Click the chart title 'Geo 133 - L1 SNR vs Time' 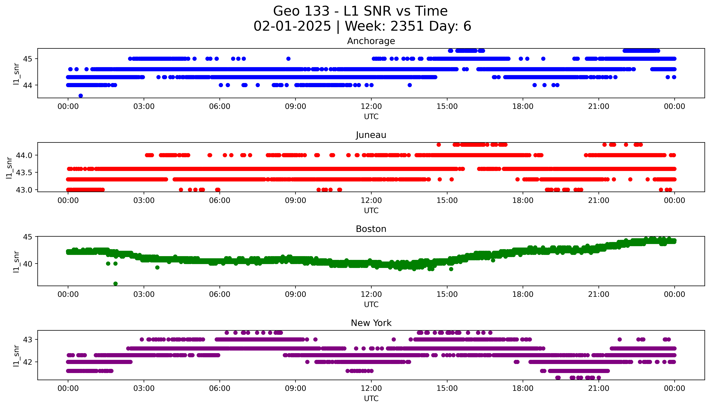[x=360, y=11]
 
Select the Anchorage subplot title [x=371, y=41]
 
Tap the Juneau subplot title [x=371, y=135]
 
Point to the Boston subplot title [x=371, y=229]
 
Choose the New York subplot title [x=371, y=323]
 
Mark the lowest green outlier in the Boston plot [x=115, y=284]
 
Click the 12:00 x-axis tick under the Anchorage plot [x=371, y=107]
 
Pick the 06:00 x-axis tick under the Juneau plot [x=220, y=200]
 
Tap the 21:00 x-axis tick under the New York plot [x=599, y=388]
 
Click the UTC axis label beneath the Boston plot [x=371, y=304]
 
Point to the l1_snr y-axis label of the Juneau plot [x=9, y=168]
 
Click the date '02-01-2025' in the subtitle [x=292, y=26]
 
